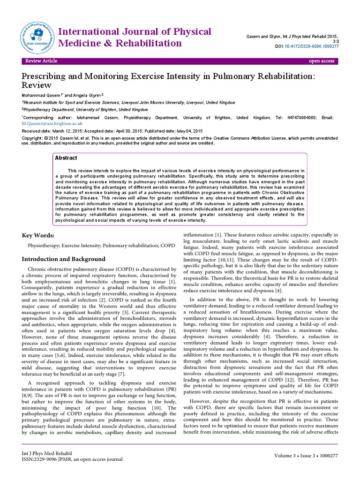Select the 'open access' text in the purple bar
[x=321, y=61]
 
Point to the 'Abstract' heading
[x=66, y=158]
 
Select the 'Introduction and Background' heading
[x=64, y=259]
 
